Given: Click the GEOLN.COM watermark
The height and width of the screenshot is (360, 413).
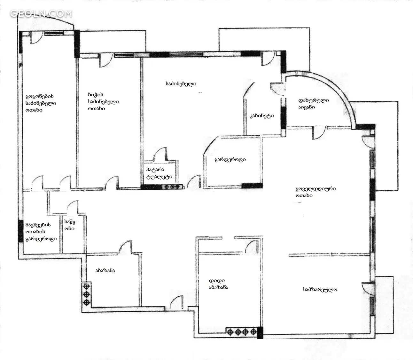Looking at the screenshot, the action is coord(41,14).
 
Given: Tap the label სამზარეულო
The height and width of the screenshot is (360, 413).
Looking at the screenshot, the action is coord(320,290).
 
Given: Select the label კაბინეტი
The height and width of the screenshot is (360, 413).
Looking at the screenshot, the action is coord(261,116).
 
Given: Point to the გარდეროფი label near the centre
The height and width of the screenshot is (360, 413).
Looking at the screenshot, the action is coord(230,160).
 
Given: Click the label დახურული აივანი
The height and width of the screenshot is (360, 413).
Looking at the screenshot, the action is coord(314,104).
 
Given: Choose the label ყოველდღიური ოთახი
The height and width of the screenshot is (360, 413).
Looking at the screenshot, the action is coord(316,192).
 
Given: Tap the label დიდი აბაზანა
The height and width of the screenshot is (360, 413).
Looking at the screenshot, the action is coord(218,284).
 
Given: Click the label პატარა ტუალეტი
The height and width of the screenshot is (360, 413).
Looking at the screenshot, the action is coord(159,173).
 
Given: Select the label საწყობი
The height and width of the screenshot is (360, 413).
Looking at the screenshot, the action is coord(70,225).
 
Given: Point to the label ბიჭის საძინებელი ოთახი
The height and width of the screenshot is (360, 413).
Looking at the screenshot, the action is coord(103,101).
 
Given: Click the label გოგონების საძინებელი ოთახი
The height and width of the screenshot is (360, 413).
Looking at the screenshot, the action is coord(41,103).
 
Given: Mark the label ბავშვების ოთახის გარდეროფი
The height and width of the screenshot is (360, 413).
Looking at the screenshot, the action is coord(41,232).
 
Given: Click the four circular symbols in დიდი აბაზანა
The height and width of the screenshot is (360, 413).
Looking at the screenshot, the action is coord(242,332).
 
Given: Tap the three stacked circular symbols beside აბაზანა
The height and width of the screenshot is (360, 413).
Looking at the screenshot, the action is coord(87,294).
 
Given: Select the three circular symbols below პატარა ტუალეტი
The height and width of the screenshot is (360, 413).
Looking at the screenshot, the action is coord(172,187).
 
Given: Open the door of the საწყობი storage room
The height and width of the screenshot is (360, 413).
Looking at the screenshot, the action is coord(73,207).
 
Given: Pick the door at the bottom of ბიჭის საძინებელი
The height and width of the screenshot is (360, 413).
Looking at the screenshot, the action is coord(112,183).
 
